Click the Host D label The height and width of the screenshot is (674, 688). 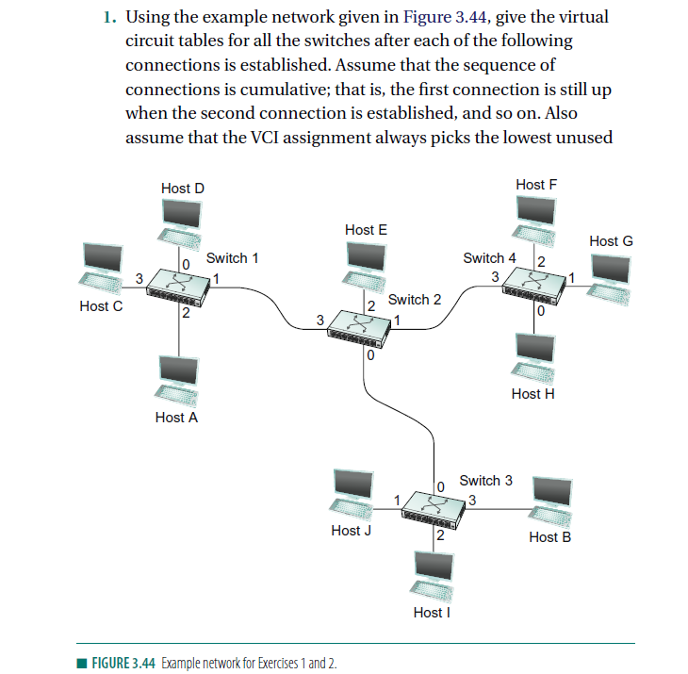[182, 189]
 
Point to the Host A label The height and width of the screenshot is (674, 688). [176, 417]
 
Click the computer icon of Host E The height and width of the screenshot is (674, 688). [366, 265]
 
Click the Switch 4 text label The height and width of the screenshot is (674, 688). [489, 257]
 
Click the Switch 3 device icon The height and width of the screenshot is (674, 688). [434, 506]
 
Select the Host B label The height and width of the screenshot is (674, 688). [549, 536]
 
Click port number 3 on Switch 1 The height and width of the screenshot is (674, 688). [139, 277]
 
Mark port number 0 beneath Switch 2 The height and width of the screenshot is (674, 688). [370, 357]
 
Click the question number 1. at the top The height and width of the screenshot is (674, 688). [110, 18]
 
